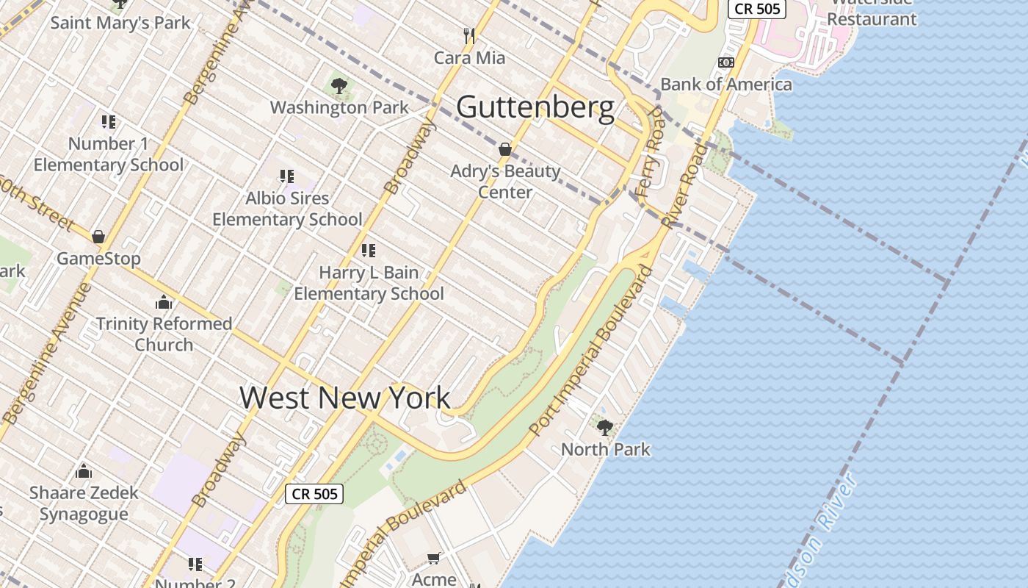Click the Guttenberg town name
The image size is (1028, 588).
pos(535,107)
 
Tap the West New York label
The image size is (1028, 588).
pos(344,398)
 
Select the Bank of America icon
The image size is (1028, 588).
pos(726,62)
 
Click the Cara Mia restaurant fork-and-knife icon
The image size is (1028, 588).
pos(470,35)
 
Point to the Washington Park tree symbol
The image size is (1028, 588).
pos(339,86)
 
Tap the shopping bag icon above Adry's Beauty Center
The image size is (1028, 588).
pos(505,149)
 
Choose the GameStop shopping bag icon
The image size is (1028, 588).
pos(98,237)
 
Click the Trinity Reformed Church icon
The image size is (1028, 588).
pos(164,302)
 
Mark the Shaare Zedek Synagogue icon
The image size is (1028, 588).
pos(84,470)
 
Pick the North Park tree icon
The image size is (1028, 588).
pos(605,427)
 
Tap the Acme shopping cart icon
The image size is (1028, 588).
pos(434,559)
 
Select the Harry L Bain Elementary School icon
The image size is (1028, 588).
pos(369,251)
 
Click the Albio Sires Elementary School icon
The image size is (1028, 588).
pos(287,176)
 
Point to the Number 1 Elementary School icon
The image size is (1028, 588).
pos(109,121)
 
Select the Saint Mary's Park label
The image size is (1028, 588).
pos(120,23)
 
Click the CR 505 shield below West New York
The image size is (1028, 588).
pos(314,494)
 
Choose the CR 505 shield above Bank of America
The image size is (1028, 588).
pos(757,9)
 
